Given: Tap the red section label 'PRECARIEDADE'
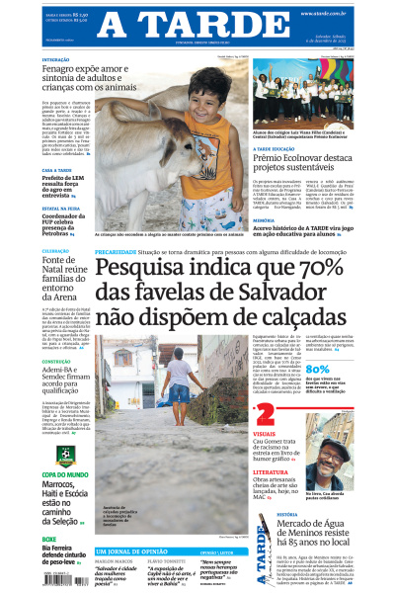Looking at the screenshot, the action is tap(117, 253).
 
